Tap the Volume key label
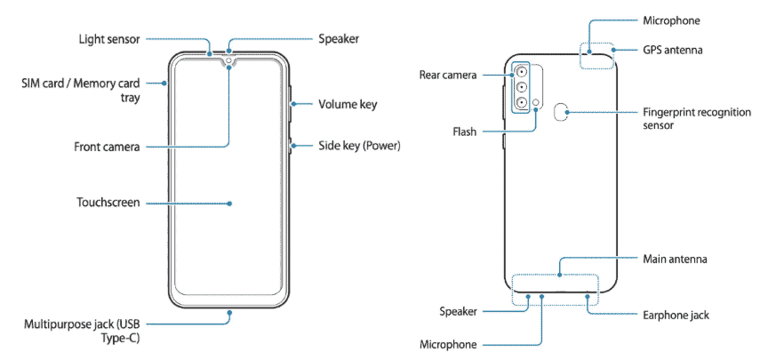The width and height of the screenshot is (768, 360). [x=348, y=104]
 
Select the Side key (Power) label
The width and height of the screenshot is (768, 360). [x=360, y=145]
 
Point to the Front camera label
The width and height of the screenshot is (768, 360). [x=107, y=146]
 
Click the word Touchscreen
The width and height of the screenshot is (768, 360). [x=108, y=203]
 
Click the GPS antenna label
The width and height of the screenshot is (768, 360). [x=673, y=50]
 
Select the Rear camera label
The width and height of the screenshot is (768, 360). [x=450, y=75]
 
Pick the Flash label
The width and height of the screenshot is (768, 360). [x=464, y=131]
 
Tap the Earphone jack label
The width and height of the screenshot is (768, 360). [x=676, y=315]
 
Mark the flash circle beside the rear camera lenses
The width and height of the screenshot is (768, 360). [x=537, y=104]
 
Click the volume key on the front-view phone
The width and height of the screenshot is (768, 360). [x=291, y=104]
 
